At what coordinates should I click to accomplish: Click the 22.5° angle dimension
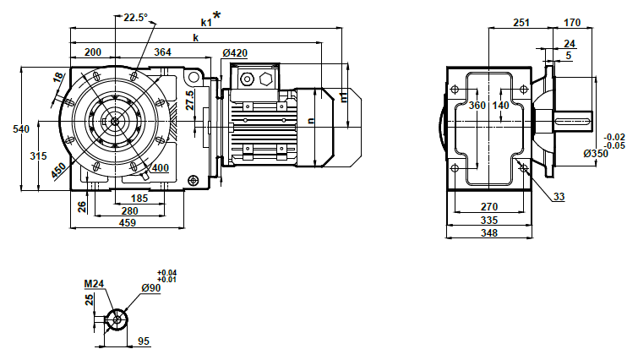[x=134, y=18]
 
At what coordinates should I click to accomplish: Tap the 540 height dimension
[x=11, y=128]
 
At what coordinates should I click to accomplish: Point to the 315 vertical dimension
[x=37, y=155]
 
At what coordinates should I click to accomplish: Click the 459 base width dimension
[x=126, y=223]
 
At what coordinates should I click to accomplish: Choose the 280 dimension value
[x=128, y=210]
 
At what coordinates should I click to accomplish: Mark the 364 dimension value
[x=162, y=52]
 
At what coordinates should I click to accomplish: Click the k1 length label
[x=205, y=19]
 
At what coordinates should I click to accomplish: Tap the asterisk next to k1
[x=217, y=14]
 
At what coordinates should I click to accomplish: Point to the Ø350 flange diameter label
[x=596, y=154]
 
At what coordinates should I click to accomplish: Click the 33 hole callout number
[x=559, y=197]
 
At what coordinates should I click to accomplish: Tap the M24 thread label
[x=93, y=284]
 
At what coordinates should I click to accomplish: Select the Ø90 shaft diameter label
[x=150, y=288]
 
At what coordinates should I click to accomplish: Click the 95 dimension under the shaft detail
[x=144, y=341]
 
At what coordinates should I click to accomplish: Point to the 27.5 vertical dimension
[x=191, y=101]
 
